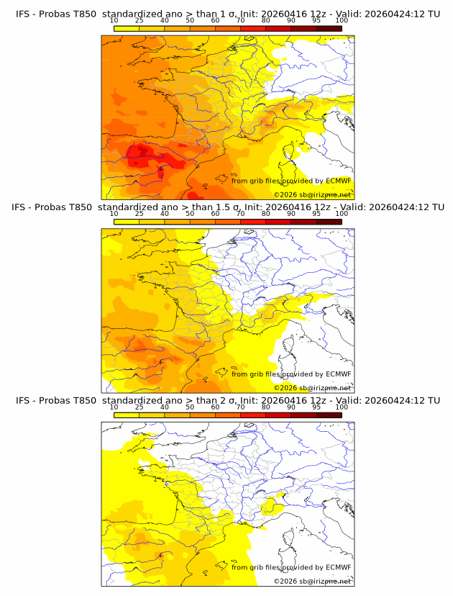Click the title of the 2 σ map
[x=228, y=400]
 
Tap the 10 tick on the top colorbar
[x=114, y=20]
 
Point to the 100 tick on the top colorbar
[x=342, y=20]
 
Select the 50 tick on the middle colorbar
[x=190, y=214]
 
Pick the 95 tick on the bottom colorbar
[x=316, y=407]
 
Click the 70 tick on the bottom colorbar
[x=240, y=407]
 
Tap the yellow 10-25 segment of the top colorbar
[x=127, y=28]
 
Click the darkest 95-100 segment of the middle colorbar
[x=329, y=222]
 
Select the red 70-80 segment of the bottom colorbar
[x=253, y=415]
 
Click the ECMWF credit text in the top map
[x=291, y=181]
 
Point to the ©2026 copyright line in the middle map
[x=313, y=388]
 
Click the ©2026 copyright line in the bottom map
[x=313, y=581]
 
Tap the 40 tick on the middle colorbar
[x=165, y=214]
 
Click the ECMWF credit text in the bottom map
[x=291, y=567]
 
